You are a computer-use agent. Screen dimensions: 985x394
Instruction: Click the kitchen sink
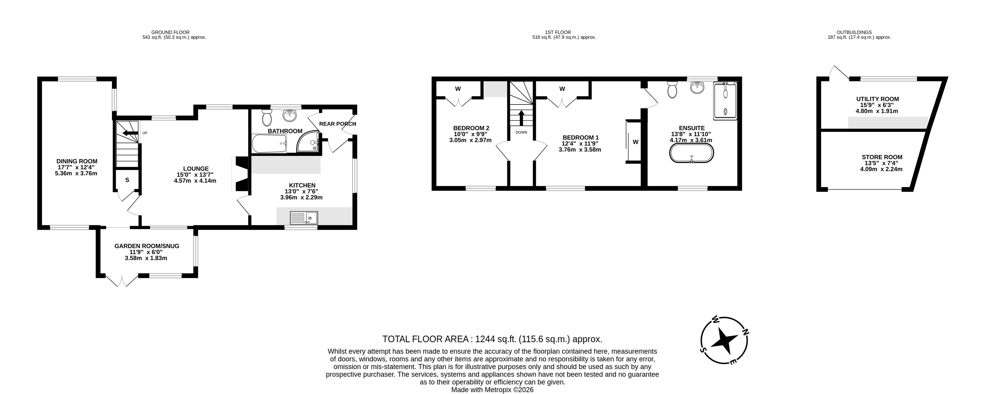(x=304, y=218)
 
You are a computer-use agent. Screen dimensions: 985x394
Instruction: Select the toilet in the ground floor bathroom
(x=267, y=118)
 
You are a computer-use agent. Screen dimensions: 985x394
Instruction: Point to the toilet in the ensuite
(x=672, y=90)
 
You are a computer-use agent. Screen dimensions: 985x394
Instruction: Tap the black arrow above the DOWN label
(x=521, y=118)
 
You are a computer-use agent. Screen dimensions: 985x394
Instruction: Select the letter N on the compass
(x=745, y=333)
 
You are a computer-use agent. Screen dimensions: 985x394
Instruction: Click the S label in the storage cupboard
(x=127, y=180)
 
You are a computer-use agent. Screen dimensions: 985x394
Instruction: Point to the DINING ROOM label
(x=77, y=161)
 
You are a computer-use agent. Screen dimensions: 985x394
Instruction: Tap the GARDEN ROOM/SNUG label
(x=147, y=246)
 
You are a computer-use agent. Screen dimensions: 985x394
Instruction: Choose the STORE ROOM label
(x=882, y=157)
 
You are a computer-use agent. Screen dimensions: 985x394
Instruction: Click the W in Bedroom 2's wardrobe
(x=458, y=89)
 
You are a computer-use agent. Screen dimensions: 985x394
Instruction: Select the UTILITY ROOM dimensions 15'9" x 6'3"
(x=877, y=105)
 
